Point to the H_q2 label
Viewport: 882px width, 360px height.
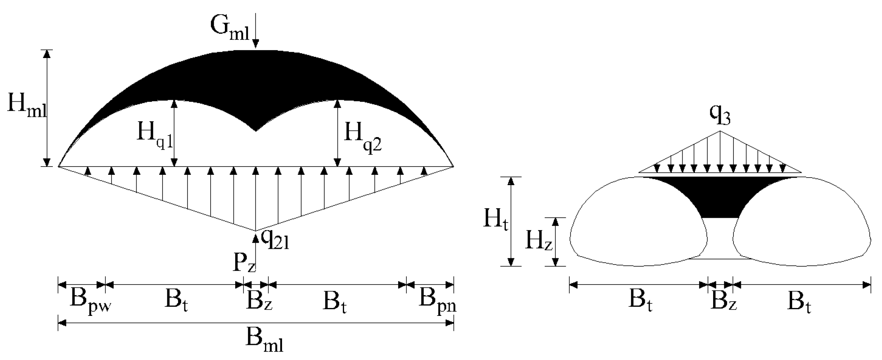tap(362, 135)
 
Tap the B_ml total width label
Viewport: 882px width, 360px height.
tap(264, 341)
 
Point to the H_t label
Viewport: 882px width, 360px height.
tap(495, 220)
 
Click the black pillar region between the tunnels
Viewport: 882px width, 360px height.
tap(720, 199)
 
